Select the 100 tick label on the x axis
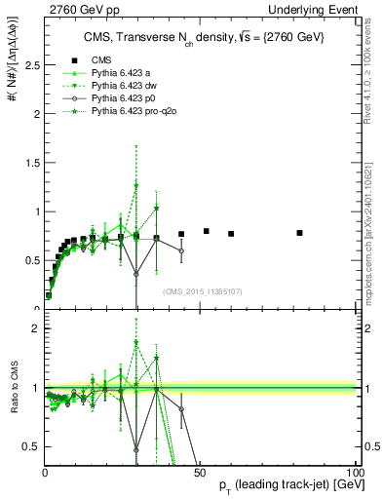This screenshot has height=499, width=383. [x=354, y=472]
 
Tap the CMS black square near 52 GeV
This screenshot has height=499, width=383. [x=207, y=231]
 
